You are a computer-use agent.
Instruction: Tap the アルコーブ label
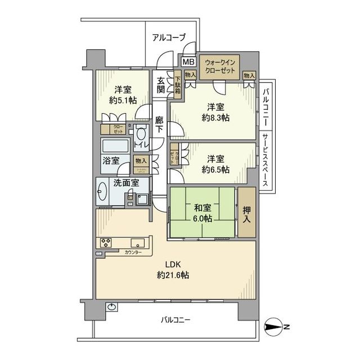point(168,38)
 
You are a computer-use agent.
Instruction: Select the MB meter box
point(187,61)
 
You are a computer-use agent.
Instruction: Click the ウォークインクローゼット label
point(222,67)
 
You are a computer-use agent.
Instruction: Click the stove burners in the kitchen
point(107,242)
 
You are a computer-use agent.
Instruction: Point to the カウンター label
point(133,253)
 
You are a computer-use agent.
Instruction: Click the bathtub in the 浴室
point(115,146)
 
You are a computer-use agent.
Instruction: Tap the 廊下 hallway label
point(160,124)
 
